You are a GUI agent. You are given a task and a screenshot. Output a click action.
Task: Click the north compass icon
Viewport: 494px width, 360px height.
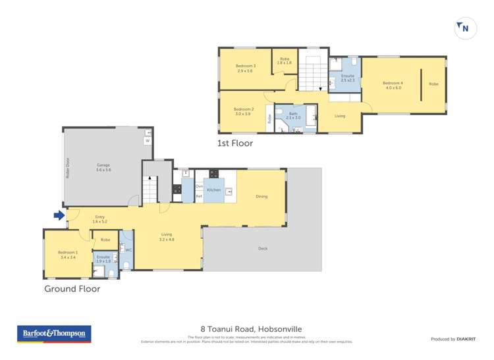point(465,28)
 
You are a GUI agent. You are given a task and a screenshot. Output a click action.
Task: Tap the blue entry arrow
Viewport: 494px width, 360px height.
point(59,215)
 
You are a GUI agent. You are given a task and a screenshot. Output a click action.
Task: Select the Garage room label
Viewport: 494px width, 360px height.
point(103,167)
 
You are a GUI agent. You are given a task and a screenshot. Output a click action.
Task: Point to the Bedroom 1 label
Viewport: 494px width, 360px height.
point(68,253)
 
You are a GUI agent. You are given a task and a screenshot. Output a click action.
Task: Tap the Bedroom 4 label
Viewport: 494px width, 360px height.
point(392,84)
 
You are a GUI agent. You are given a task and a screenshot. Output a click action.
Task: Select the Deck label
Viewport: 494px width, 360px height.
point(263,249)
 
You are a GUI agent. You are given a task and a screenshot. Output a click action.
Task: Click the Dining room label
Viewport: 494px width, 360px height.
point(262,196)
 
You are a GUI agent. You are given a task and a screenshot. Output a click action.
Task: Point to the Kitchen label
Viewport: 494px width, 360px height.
point(214,190)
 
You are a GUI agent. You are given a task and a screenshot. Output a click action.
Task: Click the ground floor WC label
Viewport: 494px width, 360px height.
point(128,250)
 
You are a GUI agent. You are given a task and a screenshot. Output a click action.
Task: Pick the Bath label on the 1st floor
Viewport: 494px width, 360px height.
point(293,115)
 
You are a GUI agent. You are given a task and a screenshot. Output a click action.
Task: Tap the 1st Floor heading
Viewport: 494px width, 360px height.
point(235,143)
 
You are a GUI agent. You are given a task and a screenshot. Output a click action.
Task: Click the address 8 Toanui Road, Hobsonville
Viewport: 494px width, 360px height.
point(247,328)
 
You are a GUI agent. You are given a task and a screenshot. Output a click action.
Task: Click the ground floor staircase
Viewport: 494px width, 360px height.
point(151,191)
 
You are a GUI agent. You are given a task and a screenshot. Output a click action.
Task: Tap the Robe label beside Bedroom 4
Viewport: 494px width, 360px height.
point(433,84)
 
